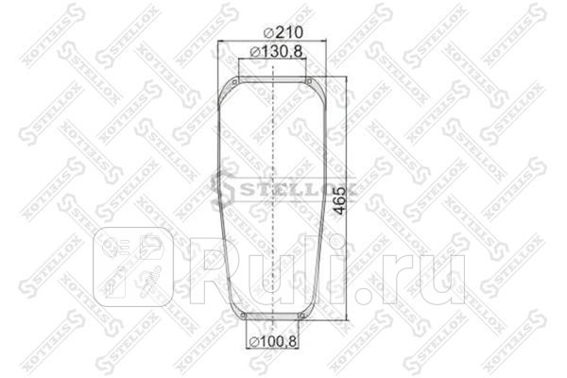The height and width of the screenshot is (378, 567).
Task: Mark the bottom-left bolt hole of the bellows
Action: (x=245, y=315)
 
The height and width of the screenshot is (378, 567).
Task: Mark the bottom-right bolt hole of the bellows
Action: (x=301, y=315)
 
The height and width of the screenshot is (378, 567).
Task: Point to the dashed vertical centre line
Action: (x=273, y=189)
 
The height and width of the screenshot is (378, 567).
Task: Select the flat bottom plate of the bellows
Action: (x=273, y=319)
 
